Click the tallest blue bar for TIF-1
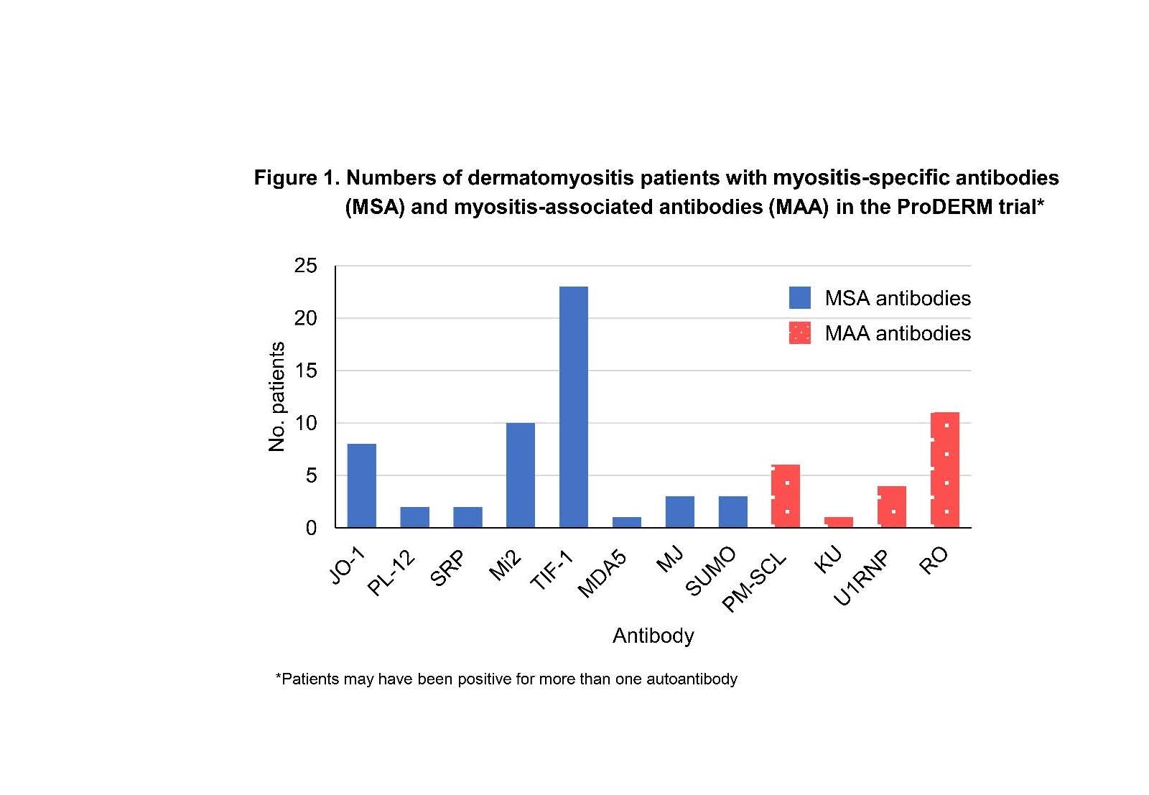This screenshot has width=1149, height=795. tap(573, 406)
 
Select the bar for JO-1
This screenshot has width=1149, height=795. tap(361, 485)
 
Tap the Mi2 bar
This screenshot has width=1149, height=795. tap(520, 475)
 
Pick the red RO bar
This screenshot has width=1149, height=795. tap(944, 470)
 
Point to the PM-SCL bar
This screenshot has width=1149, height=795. tap(785, 496)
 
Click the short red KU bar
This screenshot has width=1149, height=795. tap(838, 522)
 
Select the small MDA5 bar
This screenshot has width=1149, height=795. tap(626, 522)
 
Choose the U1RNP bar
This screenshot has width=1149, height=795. tap(891, 506)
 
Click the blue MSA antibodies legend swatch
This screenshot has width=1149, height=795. tap(799, 297)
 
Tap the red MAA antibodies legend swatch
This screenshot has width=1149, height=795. tap(799, 333)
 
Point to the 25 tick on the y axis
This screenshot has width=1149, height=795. tap(305, 266)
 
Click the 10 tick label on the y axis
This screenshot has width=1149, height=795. tap(305, 423)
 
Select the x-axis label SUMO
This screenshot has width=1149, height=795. tap(712, 571)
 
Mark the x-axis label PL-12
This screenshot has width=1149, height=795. tap(392, 572)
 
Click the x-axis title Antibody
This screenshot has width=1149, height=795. tap(653, 636)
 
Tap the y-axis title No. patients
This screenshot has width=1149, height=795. tap(276, 396)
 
